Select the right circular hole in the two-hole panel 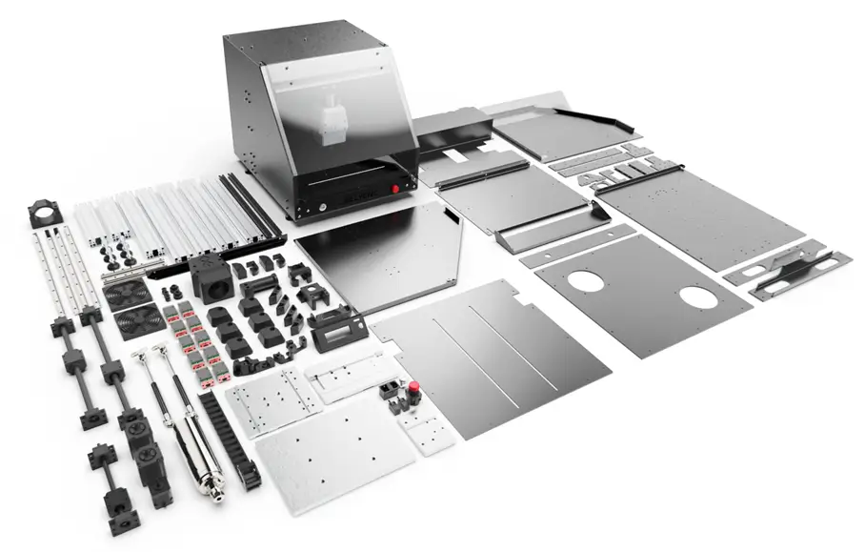click(700, 296)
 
